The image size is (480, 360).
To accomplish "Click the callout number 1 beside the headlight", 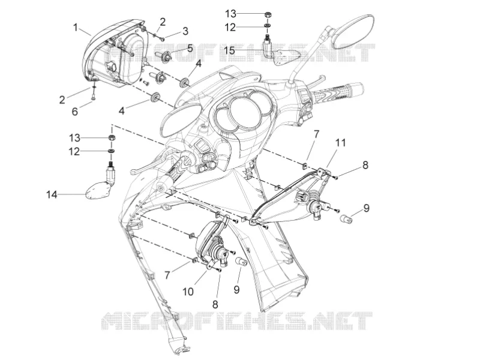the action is coord(76,28).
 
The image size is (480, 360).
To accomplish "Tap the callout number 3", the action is coord(185,31).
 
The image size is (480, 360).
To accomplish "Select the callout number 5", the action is coord(190,48).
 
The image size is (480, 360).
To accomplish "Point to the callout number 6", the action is coord(74,112).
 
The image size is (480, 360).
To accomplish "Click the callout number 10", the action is coord(188,292).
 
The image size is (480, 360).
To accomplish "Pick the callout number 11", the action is coord(340,143).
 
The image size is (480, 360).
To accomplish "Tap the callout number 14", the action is coord(52,194).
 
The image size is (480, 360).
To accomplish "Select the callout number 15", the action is coord(229,50).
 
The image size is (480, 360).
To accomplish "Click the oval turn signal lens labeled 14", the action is coord(95,190).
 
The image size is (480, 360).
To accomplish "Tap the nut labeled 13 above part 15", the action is coord(267,14).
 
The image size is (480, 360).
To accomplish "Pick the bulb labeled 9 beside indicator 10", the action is coord(241,262).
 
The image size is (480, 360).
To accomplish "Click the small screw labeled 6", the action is coord(94,97).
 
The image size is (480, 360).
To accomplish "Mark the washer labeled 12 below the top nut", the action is coord(267,26).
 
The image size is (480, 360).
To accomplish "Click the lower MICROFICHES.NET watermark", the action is coord(236,320).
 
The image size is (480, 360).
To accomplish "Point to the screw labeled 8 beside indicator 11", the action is coord(336,177).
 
